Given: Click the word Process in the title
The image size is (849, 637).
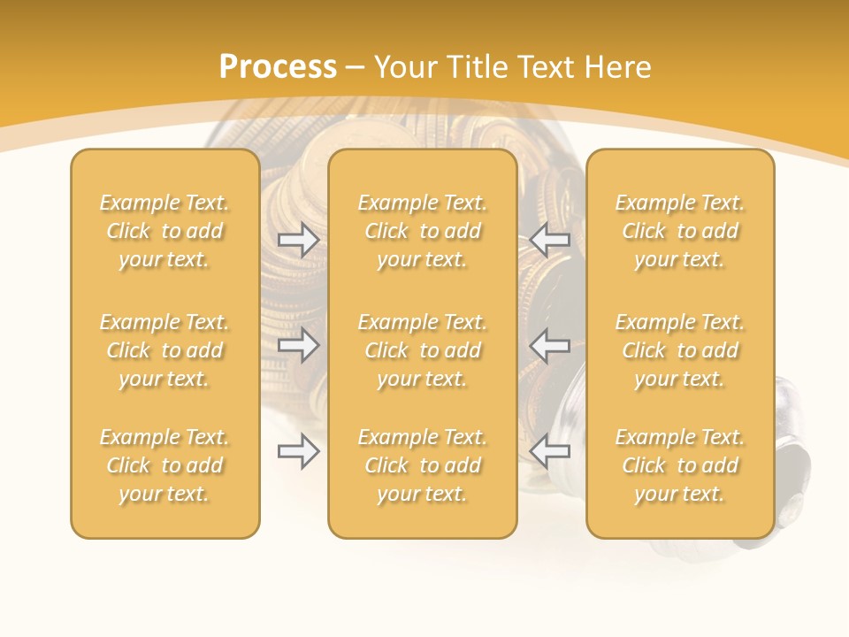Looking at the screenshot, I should tap(278, 67).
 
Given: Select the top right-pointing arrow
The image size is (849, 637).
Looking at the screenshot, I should tap(299, 239).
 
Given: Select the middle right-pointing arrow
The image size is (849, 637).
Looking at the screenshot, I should tap(299, 345).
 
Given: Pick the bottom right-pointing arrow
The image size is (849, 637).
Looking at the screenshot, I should tap(299, 451).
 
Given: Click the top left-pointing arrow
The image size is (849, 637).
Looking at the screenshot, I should tap(550, 239).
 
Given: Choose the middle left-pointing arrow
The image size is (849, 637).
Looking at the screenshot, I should tap(550, 345).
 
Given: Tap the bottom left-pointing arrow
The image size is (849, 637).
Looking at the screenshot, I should tap(550, 451).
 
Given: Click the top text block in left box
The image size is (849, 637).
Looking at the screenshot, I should tap(164, 231).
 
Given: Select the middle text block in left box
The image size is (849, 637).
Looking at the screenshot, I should tap(164, 350).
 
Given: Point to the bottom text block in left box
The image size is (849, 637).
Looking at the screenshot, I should tap(164, 465).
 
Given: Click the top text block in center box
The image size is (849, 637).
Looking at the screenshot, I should tap(423, 231).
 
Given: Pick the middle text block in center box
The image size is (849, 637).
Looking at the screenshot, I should tap(423, 350).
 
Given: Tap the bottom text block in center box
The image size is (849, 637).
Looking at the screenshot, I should tap(423, 465).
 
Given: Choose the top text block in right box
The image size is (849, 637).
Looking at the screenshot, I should tap(680, 231).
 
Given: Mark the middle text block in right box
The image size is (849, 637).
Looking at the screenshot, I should tap(680, 350).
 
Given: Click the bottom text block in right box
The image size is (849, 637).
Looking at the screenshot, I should tap(680, 465).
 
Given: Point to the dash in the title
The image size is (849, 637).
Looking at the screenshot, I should tap(356, 67).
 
